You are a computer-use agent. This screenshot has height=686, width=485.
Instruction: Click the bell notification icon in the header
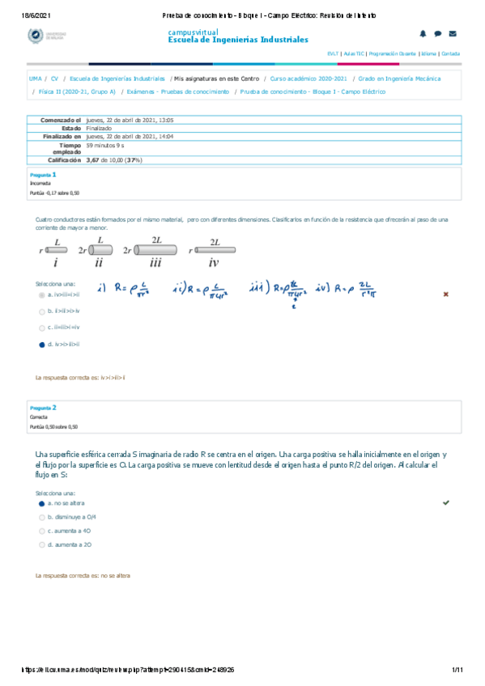pos(422,34)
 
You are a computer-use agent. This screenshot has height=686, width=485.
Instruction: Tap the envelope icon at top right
pos(452,34)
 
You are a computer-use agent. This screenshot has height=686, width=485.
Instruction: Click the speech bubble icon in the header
pos(437,34)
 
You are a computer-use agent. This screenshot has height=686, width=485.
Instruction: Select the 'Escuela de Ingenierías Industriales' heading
pos(237,40)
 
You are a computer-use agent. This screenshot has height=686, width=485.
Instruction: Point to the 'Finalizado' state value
pos(99,129)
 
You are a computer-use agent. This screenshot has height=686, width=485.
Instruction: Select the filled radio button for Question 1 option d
pos(41,344)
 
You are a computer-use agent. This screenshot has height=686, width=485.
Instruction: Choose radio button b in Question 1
pos(41,311)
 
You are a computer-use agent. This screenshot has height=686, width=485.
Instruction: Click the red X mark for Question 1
pos(445,294)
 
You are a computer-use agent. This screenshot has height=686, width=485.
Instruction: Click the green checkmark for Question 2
pos(445,502)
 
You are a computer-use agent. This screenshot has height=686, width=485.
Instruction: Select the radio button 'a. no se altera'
pos(41,503)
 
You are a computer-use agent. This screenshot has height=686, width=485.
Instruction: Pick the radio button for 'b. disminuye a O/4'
pos(41,516)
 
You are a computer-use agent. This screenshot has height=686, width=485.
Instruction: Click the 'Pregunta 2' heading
pos(43,409)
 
